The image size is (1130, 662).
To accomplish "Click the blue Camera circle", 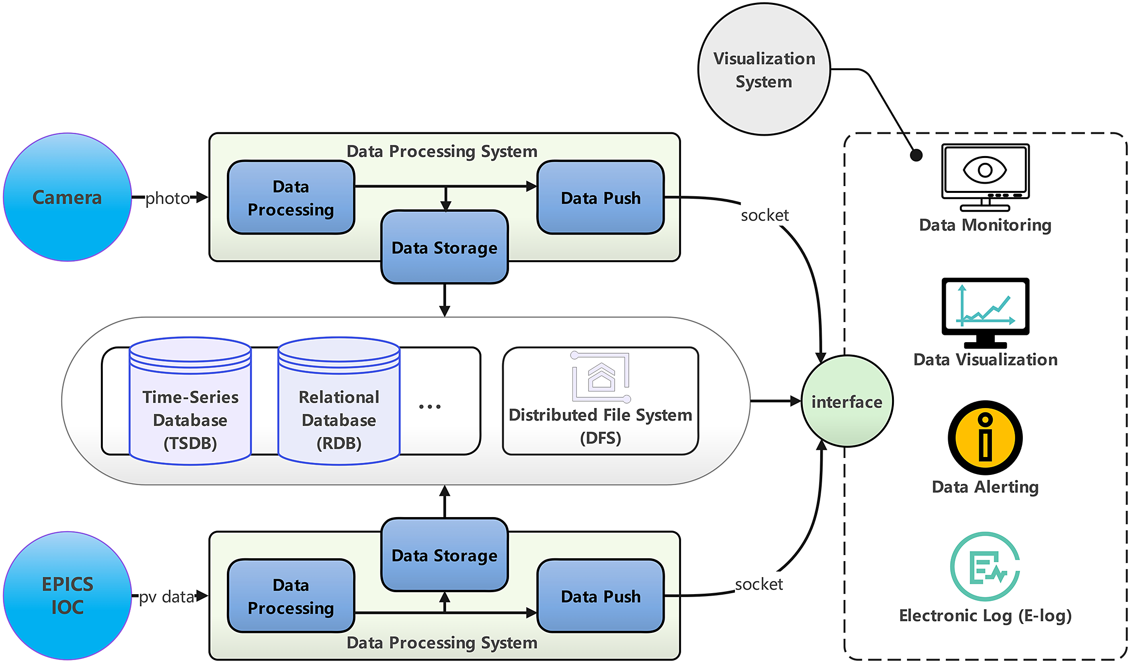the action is (x=67, y=197).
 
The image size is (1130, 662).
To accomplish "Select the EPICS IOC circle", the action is (x=67, y=596).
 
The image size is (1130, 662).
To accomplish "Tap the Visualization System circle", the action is (x=764, y=69).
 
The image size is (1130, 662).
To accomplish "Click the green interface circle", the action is (x=847, y=401).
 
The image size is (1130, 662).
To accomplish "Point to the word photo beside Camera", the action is (x=168, y=198).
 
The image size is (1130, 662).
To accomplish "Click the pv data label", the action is (x=167, y=597).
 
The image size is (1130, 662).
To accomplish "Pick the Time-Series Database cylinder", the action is (x=190, y=401).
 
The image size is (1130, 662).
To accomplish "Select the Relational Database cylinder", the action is (x=339, y=401).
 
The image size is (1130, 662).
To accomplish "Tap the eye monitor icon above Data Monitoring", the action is (x=985, y=177).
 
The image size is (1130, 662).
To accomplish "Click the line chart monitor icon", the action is (x=985, y=313).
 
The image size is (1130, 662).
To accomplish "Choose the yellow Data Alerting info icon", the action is (x=985, y=438).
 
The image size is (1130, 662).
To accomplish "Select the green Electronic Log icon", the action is (x=985, y=567).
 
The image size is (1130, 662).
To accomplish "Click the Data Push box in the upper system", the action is (x=601, y=198).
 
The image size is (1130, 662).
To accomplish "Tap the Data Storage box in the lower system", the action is (x=445, y=555).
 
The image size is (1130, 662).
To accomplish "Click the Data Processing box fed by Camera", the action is (x=291, y=198).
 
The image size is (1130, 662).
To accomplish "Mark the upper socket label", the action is (x=764, y=215).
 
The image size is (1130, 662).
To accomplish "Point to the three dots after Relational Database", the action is (x=430, y=407).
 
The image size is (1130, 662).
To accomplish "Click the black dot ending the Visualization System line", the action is (x=916, y=155).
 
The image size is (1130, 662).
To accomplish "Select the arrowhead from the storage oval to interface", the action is (x=796, y=401).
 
